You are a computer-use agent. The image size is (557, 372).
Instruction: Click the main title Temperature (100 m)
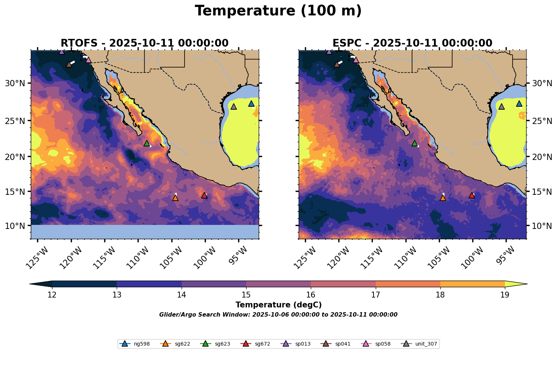(278, 11)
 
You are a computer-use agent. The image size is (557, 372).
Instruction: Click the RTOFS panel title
(145, 43)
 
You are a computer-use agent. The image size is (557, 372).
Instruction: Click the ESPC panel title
(412, 43)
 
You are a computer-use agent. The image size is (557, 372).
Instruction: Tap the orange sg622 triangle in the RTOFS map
(175, 198)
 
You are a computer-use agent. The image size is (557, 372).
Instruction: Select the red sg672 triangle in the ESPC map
(472, 195)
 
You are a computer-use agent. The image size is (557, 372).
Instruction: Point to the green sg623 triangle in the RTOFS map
(147, 143)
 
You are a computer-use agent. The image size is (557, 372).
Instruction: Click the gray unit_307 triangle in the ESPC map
(501, 106)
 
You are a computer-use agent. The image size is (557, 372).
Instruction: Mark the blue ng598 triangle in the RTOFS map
(251, 103)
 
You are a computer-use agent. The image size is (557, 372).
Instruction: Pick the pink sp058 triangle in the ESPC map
(356, 60)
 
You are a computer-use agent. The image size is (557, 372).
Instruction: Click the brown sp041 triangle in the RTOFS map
(69, 64)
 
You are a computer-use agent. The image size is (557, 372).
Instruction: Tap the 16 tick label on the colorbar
(311, 295)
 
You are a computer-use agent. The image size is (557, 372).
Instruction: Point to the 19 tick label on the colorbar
(505, 295)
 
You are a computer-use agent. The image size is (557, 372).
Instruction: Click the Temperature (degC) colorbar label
(278, 305)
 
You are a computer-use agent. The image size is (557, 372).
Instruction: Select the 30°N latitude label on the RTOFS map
(15, 83)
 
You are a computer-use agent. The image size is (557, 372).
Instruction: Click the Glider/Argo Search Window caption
(278, 315)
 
